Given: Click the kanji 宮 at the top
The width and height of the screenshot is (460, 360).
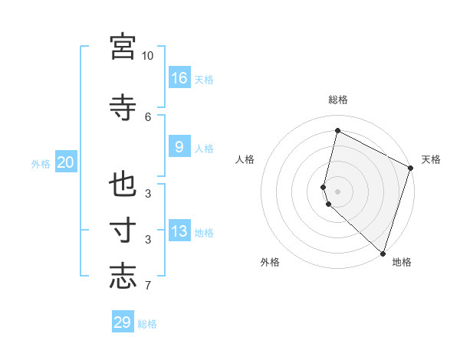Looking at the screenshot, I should point(123,47).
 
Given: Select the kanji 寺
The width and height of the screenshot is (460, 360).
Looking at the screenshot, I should point(123,107).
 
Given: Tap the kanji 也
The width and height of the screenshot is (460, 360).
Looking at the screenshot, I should point(123,185).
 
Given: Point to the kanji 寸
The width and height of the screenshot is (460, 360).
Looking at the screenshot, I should point(123,231).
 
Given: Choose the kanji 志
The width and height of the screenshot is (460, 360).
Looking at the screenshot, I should point(123,275).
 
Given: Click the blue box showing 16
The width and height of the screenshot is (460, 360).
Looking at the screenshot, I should point(179,77).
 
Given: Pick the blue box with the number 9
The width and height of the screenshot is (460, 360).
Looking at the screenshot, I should point(179,147).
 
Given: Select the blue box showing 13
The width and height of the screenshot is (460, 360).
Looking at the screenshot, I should point(179,231).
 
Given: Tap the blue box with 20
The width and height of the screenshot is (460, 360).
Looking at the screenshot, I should point(65,162).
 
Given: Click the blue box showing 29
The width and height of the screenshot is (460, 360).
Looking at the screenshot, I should point(123,322).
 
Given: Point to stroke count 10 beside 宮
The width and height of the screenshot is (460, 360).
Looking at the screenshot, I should point(147,56).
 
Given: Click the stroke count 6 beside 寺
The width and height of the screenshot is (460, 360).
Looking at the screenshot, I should point(148,116).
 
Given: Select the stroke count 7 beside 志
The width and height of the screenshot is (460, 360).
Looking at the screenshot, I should point(148,286).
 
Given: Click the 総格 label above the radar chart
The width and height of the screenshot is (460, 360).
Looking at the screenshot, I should point(338,100).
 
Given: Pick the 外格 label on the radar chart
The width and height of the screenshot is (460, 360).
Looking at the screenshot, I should point(270,262).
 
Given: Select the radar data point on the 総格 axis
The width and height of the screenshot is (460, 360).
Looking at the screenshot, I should point(337,130).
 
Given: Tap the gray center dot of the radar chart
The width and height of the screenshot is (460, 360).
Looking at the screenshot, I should point(337,191).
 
